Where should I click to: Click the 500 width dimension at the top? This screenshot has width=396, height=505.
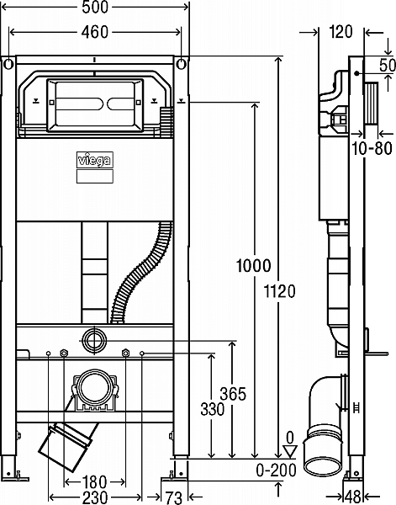pos(95,7)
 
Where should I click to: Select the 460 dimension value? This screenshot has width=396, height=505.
pos(94,32)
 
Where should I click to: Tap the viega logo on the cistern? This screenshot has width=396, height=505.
pos(94,160)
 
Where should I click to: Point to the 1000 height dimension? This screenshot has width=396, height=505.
pos(254,266)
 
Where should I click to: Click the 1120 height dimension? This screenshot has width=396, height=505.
pos(279,291)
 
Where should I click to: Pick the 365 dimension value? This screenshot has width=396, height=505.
pos(233,394)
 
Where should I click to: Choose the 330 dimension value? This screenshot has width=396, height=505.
pos(213,409)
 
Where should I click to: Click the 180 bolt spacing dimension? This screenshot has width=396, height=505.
pos(94,482)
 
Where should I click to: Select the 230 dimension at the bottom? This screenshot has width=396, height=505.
pos(95,497)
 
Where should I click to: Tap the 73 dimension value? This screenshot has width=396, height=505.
pos(174,497)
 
